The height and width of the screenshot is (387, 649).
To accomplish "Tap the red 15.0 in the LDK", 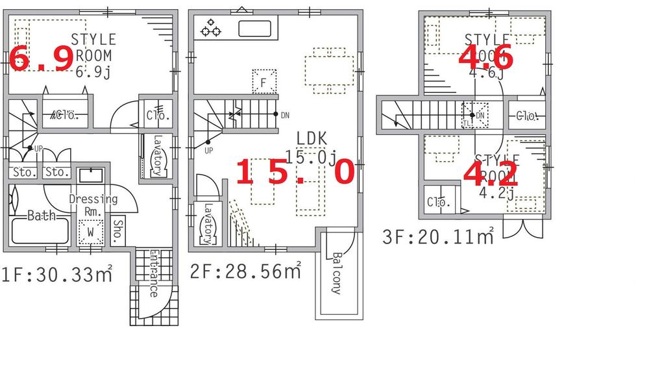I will coord(295,173).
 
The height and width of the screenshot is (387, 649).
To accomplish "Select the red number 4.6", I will coord(486,58).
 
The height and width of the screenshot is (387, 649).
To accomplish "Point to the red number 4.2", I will coord(491,173).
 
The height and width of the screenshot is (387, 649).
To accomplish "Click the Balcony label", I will coord(336,273).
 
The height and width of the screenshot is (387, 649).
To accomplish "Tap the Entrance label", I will coord(154,273).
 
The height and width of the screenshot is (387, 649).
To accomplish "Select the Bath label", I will coord(41,216).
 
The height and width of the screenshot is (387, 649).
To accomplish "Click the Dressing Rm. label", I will coord(93,205).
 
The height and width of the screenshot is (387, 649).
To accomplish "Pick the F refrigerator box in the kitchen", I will coord(263,82).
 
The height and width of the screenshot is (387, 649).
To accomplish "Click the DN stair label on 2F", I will coord(285,115).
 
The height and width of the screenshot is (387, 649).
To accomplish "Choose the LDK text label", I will coord(312,138).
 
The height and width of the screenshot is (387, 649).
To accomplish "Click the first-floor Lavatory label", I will coord(156,156).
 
